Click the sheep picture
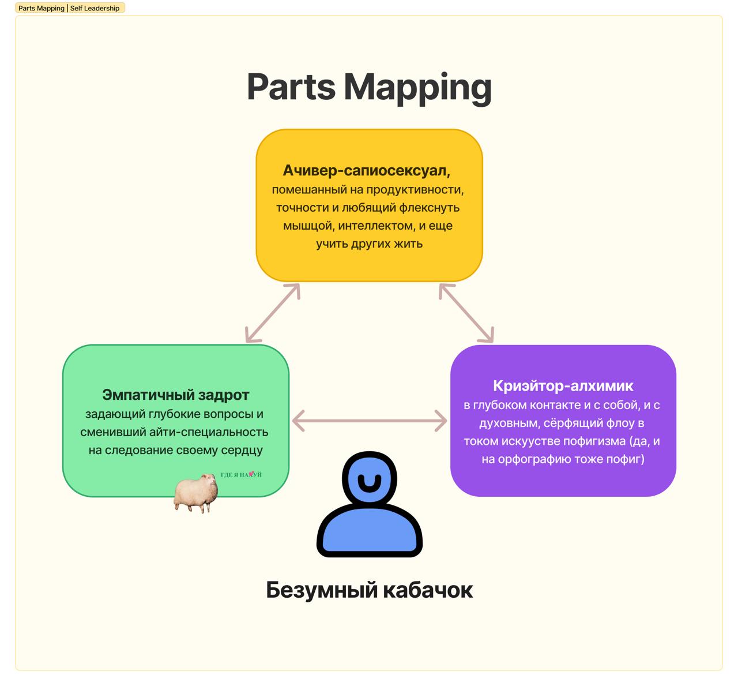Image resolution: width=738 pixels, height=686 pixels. coord(196,493)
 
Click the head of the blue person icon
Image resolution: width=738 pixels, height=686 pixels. coord(370,478)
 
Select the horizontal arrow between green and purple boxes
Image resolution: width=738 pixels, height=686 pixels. coord(370,421)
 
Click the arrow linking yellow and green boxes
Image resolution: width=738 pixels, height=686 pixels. coord(272,313)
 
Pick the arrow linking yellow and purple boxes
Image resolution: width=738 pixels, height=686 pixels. coord(466,313)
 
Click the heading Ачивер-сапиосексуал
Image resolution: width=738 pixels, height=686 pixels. coord(366,170)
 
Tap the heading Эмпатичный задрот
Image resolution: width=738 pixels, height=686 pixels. coord(175,395)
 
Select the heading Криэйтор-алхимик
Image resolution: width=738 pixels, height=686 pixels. coord(563,386)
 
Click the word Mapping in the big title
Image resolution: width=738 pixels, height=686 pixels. coord(417,88)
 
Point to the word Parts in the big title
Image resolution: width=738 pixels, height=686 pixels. coord(291,87)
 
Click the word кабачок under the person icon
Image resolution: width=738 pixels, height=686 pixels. coord(428,590)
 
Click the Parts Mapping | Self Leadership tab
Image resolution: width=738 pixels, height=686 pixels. coord(70,8)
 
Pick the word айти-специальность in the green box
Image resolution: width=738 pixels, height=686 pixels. coord(209,432)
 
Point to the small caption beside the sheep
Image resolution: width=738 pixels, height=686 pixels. coord(241,475)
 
